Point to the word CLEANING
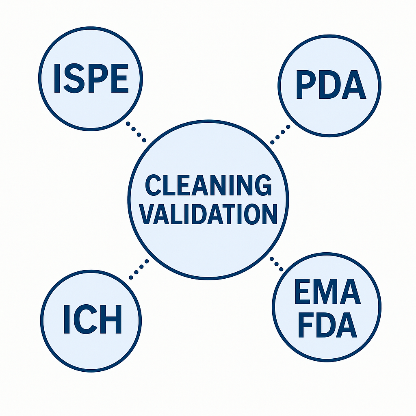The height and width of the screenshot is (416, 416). coord(208,186)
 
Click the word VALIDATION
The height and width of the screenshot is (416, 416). coord(210,214)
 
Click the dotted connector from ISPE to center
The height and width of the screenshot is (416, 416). coord(136,132)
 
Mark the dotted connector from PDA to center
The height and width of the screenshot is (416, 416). coord(280,134)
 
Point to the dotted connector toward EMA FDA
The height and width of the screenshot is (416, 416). coord(277,264)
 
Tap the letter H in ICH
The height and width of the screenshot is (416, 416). coord(111,320)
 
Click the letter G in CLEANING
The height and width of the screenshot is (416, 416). coord(262,186)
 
